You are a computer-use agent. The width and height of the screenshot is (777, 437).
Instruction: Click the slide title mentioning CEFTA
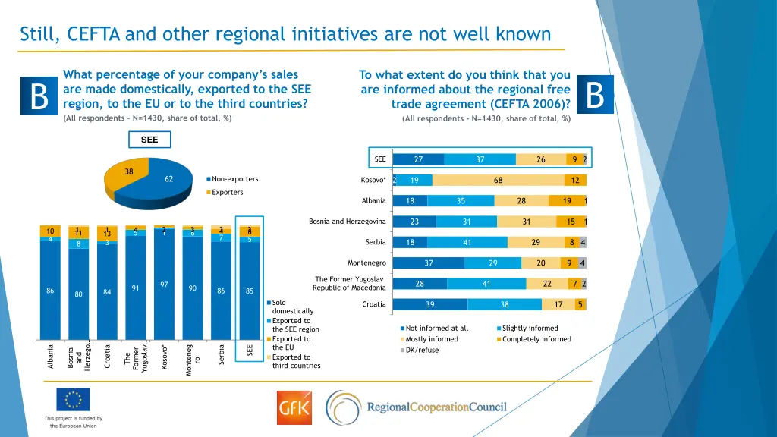pos(285,34)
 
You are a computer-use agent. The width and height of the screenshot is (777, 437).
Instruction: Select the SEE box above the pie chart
pos(149,140)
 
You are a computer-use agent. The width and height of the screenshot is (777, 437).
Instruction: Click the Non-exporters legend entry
pos(232,179)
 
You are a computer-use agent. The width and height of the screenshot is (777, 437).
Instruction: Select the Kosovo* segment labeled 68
pos(498,180)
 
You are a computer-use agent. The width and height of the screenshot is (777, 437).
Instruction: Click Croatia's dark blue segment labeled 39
pos(430,304)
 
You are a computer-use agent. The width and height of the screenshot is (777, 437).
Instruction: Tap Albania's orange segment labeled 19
pos(567,201)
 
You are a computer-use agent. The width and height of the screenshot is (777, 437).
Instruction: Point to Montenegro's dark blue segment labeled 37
pos(429,263)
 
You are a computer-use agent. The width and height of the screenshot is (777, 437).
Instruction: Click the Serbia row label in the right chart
pos(376,242)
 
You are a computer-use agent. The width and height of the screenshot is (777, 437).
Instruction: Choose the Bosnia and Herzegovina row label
pos(348,222)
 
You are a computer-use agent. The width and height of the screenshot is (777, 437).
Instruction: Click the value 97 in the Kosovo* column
pos(164,285)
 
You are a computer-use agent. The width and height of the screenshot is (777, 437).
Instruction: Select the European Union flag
pos(73,400)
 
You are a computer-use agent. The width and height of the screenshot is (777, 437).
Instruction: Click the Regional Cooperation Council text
pos(436,407)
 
